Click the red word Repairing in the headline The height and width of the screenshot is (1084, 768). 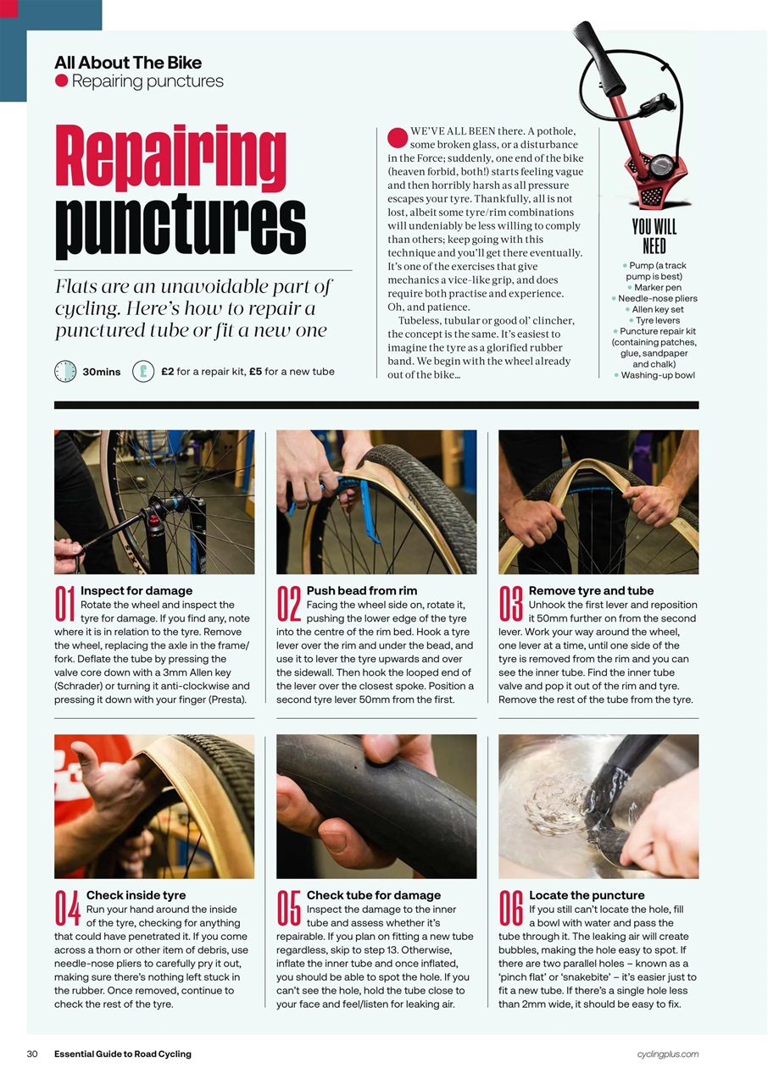pyautogui.click(x=171, y=158)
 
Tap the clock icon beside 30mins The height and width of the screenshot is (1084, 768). pyautogui.click(x=65, y=371)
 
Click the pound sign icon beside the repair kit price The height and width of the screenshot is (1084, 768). pyautogui.click(x=143, y=371)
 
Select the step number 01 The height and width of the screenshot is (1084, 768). pyautogui.click(x=65, y=604)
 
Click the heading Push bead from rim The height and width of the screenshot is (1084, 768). pyautogui.click(x=361, y=590)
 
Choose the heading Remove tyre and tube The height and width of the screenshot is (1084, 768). pyautogui.click(x=591, y=590)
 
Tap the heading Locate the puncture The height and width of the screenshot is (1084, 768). pyautogui.click(x=586, y=895)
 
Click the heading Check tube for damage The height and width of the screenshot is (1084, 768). pyautogui.click(x=373, y=895)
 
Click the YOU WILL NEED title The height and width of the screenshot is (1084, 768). pyautogui.click(x=654, y=236)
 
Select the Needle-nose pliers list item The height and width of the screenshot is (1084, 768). pyautogui.click(x=657, y=299)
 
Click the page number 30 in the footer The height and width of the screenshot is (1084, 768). pyautogui.click(x=33, y=1054)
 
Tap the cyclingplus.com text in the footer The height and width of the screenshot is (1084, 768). pyautogui.click(x=667, y=1054)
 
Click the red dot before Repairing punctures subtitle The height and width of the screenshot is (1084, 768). pyautogui.click(x=61, y=81)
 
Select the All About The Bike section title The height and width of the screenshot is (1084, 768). pyautogui.click(x=128, y=63)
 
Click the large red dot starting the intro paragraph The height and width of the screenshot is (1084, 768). pyautogui.click(x=398, y=137)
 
